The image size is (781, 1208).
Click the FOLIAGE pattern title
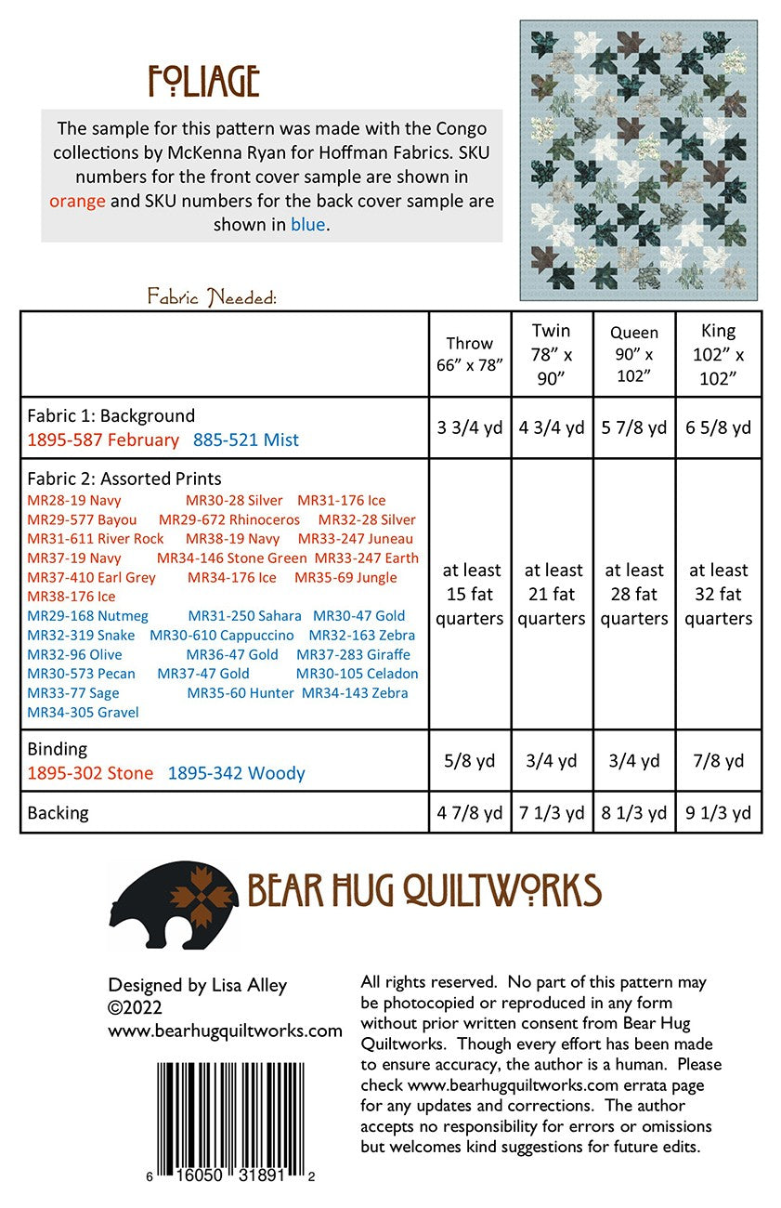coord(203,83)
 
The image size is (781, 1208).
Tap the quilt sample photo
coord(639,160)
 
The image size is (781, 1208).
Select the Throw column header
coord(470,354)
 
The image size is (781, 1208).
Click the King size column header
coord(718,354)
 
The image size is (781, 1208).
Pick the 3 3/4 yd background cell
coord(470,427)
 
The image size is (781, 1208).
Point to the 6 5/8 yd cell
coord(718,427)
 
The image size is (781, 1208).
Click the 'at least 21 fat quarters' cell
coord(552,594)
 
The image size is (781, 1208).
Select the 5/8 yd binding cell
coord(470,761)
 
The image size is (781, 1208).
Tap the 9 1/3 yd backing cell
coord(718,813)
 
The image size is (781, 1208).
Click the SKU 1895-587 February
coord(103,440)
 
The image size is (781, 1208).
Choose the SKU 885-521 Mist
coord(246,440)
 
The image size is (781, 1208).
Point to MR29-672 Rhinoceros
coord(229,519)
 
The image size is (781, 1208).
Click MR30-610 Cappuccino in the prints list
coord(222,636)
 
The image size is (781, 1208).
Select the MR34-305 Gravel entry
coord(84,713)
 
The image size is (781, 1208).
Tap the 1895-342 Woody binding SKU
coord(236,773)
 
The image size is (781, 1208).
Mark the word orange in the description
coord(77,200)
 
